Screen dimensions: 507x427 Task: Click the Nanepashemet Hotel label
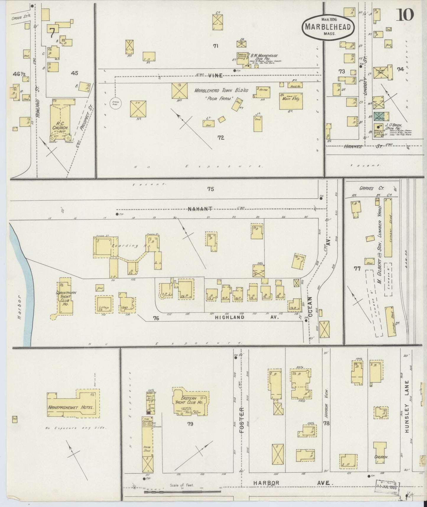(72, 408)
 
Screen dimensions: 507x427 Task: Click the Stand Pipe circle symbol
(115, 103)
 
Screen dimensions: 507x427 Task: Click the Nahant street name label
(200, 209)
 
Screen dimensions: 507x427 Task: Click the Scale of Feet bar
(182, 492)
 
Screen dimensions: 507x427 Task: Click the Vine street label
(215, 76)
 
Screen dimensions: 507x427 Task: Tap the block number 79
(190, 424)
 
